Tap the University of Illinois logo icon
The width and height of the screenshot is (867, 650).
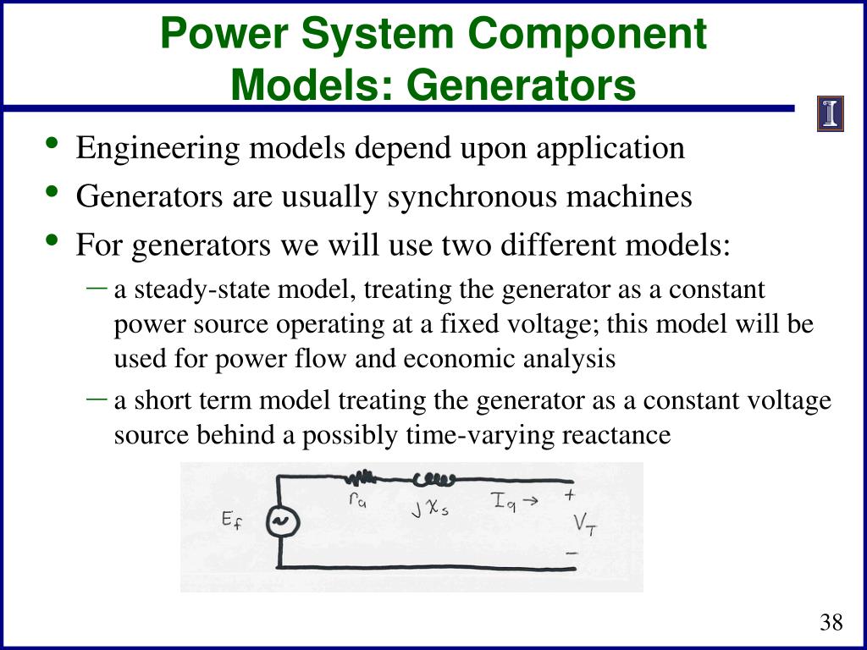[831, 114]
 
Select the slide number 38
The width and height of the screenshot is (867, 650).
[831, 624]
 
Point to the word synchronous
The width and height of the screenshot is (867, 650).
[473, 197]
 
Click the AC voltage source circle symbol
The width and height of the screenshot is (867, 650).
[279, 522]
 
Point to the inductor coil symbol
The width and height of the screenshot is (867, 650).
[434, 480]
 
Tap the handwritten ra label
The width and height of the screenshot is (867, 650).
[357, 501]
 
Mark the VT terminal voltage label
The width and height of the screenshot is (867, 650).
[584, 524]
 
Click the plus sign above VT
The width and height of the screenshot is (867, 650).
[570, 495]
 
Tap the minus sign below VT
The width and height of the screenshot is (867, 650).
[572, 553]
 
